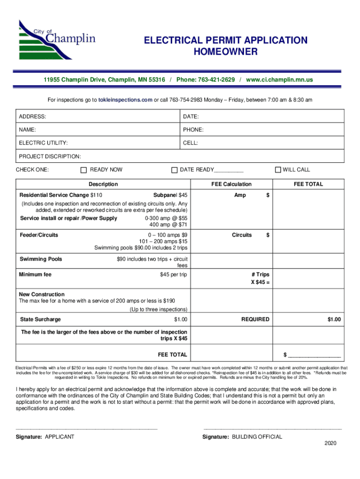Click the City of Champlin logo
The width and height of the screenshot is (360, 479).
coord(57,39)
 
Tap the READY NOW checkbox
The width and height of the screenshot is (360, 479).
coord(84,170)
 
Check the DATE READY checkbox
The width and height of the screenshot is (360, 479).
coord(174,170)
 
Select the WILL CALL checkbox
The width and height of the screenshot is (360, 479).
coord(278,170)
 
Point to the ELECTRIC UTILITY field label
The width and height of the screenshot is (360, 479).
coord(43,142)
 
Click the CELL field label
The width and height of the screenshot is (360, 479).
coord(190,142)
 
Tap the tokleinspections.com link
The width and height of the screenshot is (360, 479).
coord(125,100)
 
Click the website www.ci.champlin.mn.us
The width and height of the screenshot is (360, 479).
coord(279,80)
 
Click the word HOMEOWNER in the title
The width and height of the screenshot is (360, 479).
coord(225,51)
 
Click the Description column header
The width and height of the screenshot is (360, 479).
coord(103,184)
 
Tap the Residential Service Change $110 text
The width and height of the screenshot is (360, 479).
coord(61,195)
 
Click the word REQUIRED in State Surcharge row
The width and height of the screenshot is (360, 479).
coord(255,319)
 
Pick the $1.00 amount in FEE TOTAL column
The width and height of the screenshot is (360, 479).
coord(334,319)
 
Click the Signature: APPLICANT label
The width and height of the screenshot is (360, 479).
coord(45,437)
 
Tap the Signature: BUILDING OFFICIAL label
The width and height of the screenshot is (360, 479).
coord(242,437)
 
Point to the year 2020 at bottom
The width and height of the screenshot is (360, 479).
coord(330,443)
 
